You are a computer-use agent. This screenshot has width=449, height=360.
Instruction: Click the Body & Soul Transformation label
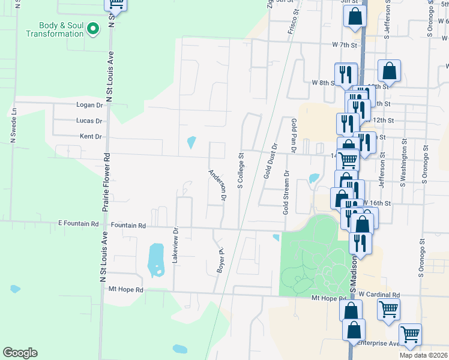[54, 29]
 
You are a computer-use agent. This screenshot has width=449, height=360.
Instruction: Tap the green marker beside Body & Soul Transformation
[93, 28]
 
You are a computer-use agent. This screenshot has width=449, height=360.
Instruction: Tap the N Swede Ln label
[13, 127]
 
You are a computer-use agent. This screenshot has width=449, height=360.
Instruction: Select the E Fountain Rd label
[78, 223]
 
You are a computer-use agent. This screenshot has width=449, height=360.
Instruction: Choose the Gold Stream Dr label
[286, 193]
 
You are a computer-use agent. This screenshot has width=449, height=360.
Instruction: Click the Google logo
[20, 353]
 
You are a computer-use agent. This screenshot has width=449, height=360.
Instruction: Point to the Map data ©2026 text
[423, 355]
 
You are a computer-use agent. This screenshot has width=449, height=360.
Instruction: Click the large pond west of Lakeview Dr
[156, 260]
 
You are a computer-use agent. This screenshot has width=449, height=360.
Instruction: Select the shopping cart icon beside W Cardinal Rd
[388, 310]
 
